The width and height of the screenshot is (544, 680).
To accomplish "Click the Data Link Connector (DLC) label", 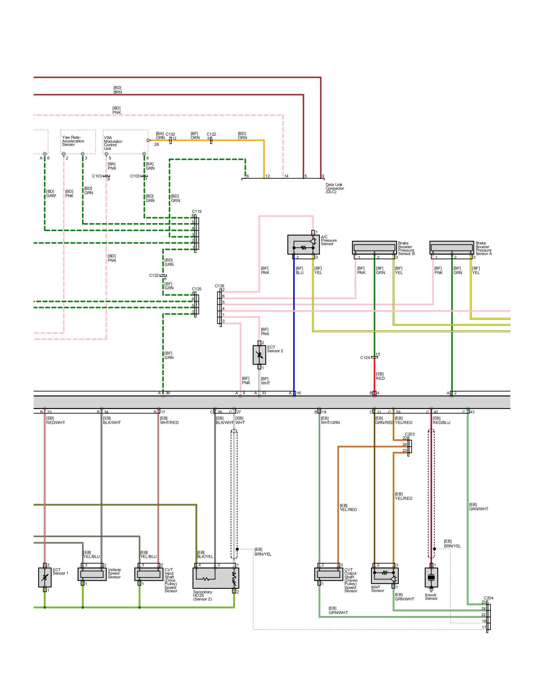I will [x=335, y=188].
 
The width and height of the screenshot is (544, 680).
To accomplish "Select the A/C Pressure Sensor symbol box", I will [x=303, y=244].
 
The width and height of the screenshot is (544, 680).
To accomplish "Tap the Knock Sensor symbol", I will [x=431, y=577].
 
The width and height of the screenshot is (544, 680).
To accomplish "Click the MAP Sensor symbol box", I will [x=385, y=575].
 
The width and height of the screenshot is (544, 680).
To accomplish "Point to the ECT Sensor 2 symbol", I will [x=259, y=355].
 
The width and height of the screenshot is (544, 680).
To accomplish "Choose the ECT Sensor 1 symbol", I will [x=45, y=577].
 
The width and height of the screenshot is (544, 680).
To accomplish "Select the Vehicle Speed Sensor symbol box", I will [x=92, y=574].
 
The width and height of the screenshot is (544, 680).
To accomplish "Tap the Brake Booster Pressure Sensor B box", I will [x=374, y=248].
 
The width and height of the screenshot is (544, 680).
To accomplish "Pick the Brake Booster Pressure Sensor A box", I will [x=452, y=248].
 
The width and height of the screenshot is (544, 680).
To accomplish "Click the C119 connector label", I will [x=197, y=211].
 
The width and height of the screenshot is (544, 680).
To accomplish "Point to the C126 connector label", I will [x=219, y=286].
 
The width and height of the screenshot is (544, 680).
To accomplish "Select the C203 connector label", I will [x=410, y=434].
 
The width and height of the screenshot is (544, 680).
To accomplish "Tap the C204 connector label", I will [x=488, y=598].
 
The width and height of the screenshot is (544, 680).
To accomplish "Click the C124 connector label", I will [x=365, y=358].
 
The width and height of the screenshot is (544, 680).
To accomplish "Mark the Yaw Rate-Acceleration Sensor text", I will [x=73, y=141].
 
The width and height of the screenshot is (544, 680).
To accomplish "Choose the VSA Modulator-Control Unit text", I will [x=113, y=143].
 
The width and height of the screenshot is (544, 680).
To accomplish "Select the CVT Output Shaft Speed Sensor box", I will [x=328, y=574].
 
